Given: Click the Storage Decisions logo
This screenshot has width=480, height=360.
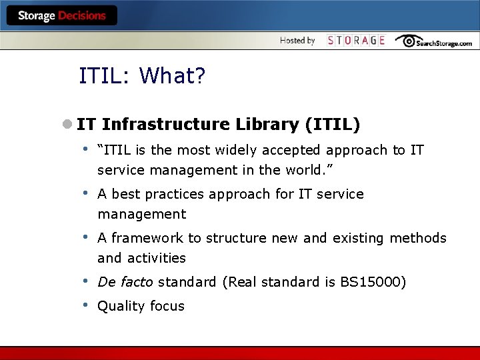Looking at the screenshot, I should pyautogui.click(x=61, y=16).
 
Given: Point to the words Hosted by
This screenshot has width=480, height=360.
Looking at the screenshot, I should pyautogui.click(x=297, y=41).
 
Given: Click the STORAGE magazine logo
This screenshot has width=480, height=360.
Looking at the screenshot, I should pyautogui.click(x=356, y=41).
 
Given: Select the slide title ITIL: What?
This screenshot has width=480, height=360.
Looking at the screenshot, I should pyautogui.click(x=142, y=76).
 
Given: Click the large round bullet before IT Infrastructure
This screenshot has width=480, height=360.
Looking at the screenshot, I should pyautogui.click(x=67, y=125).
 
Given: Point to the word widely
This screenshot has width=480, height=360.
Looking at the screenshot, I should pyautogui.click(x=249, y=151).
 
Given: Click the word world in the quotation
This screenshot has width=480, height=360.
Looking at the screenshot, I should pyautogui.click(x=304, y=170).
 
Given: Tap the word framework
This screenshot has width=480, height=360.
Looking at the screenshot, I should pyautogui.click(x=147, y=238).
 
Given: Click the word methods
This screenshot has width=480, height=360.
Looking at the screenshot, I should pyautogui.click(x=418, y=238).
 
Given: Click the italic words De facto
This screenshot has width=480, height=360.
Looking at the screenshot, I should pyautogui.click(x=125, y=282).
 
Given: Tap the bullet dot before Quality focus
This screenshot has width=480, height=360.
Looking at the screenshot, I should pyautogui.click(x=86, y=305).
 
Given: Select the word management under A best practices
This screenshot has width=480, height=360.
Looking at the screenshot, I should pyautogui.click(x=141, y=214).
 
